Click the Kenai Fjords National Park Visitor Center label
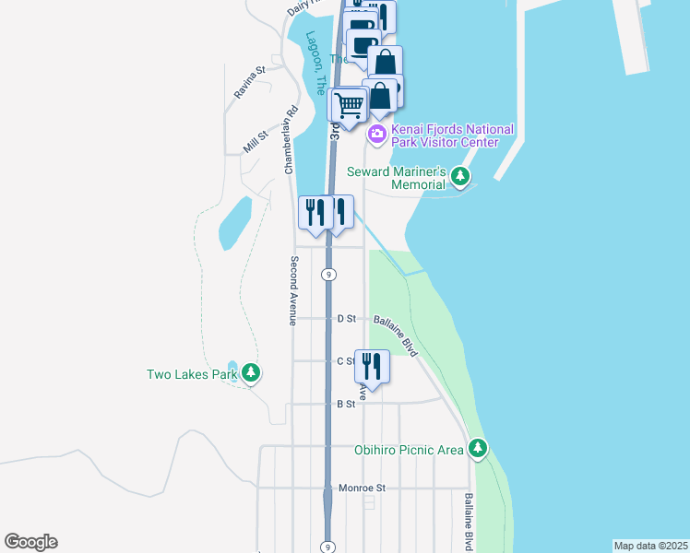click(x=452, y=135)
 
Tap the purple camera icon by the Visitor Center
click(x=376, y=135)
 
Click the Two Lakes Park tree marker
click(x=251, y=373)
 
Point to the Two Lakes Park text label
click(x=192, y=374)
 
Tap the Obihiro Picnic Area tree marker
click(x=477, y=449)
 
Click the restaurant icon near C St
click(x=372, y=365)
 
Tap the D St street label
click(x=347, y=319)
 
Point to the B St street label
click(x=346, y=404)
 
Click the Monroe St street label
click(x=362, y=488)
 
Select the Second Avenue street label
click(x=292, y=290)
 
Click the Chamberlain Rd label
click(x=291, y=141)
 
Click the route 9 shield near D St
click(x=327, y=275)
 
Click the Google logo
click(x=30, y=542)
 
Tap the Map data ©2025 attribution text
click(x=650, y=545)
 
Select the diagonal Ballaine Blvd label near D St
click(x=396, y=335)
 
